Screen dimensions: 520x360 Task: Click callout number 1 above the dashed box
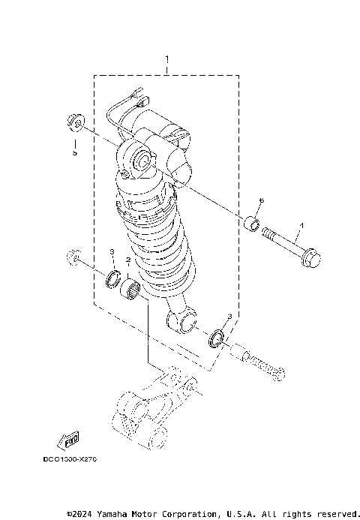pyautogui.click(x=167, y=59)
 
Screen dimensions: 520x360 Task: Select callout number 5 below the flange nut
pyautogui.click(x=74, y=152)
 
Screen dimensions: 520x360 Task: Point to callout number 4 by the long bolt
pyautogui.click(x=302, y=224)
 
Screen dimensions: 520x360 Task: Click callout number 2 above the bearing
pyautogui.click(x=129, y=260)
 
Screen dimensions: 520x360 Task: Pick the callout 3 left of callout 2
pyautogui.click(x=112, y=251)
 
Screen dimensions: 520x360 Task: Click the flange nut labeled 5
pyautogui.click(x=74, y=121)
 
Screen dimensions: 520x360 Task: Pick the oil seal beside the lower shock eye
pyautogui.click(x=217, y=338)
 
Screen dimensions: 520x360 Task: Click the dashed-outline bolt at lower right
pyautogui.click(x=262, y=365)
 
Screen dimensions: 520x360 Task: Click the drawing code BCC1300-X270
pyautogui.click(x=70, y=458)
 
